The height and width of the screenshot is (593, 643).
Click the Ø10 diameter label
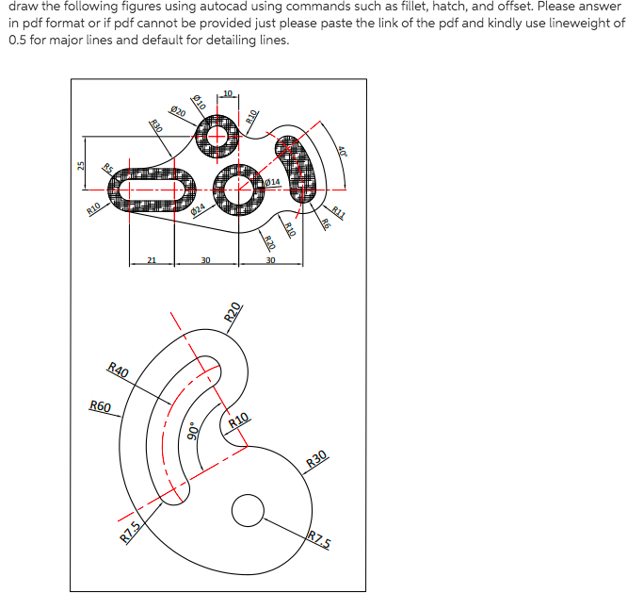[x=199, y=100]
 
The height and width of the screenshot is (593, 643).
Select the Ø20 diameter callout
[x=178, y=110]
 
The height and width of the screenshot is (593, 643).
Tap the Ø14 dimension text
[x=273, y=181]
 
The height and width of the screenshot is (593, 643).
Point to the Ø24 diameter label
[x=199, y=210]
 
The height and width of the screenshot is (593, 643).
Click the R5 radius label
[x=108, y=170]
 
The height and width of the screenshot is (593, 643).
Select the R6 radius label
[x=326, y=223]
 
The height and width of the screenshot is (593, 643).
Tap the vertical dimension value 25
[x=81, y=165]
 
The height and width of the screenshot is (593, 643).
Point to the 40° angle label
[x=344, y=151]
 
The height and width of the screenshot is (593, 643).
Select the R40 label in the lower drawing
[x=119, y=370]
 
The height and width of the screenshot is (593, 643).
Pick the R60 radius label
[x=100, y=406]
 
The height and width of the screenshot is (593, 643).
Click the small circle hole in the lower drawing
[x=248, y=511]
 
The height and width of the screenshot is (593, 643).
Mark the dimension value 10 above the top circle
[x=229, y=91]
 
